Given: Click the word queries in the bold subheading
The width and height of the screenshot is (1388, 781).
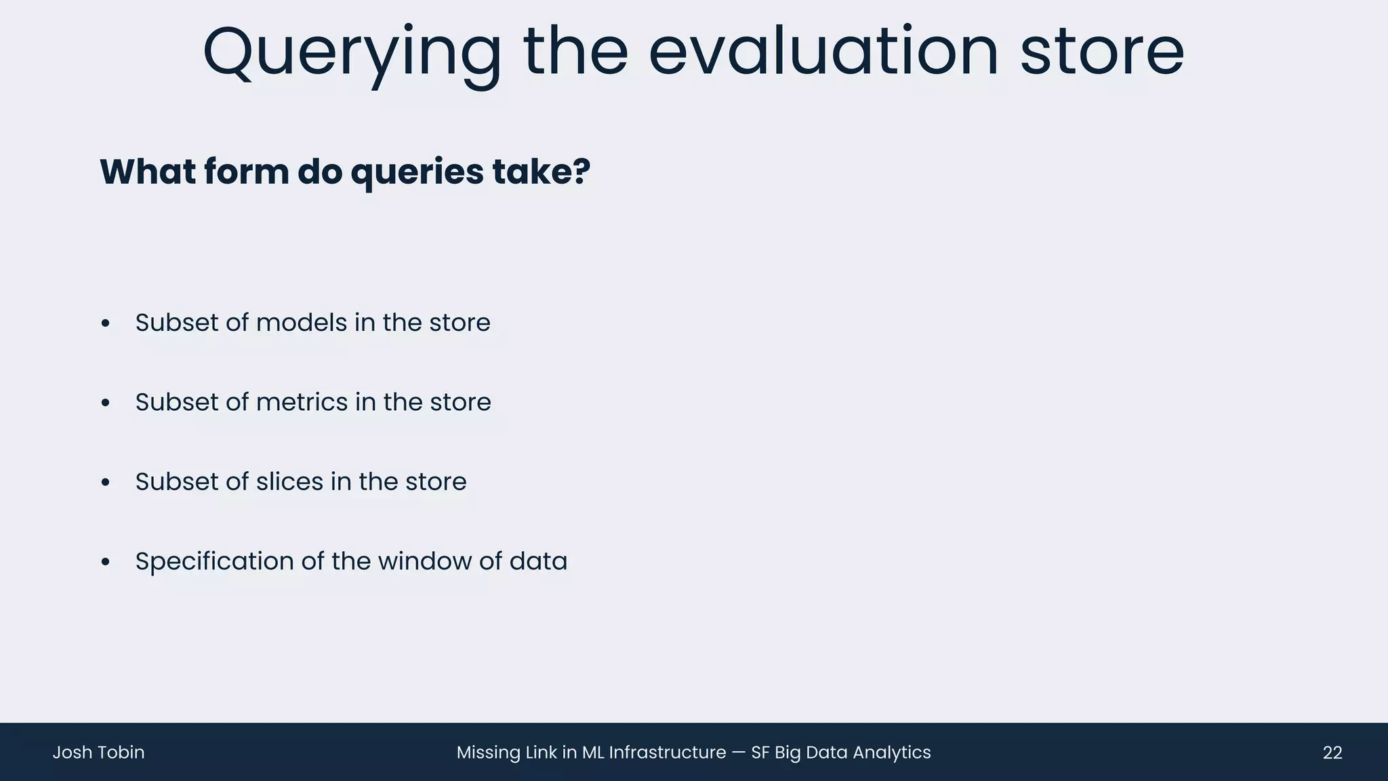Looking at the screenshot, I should click(417, 172).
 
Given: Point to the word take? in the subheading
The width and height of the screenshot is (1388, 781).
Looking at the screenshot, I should click(542, 172).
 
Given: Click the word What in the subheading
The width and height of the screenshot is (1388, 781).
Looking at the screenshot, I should click(147, 172).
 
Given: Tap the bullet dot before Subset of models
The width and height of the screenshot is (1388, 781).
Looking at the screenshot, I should click(105, 324).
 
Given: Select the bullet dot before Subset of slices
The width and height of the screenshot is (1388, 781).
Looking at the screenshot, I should click(105, 483).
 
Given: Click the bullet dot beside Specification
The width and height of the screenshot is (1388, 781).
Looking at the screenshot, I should click(105, 563).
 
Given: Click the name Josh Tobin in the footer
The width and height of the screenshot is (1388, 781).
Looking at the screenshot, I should click(98, 753).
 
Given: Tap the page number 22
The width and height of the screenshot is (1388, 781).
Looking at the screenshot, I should click(1332, 753).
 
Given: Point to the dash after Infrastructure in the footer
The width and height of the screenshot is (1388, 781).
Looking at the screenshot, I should click(738, 753).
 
